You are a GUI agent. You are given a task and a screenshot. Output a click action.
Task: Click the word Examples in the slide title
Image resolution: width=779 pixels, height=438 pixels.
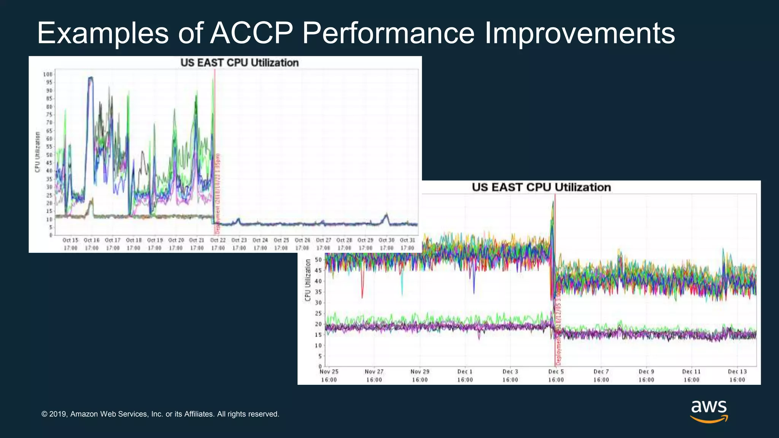point(103,33)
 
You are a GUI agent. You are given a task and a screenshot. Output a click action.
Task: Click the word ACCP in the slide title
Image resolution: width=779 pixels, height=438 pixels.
point(251,33)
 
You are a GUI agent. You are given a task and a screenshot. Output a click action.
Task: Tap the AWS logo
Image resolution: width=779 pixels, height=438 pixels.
point(709,411)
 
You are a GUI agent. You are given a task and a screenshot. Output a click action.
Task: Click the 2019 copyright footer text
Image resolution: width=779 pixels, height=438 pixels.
point(160,414)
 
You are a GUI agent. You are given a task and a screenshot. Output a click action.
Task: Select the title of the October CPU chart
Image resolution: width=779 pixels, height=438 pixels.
point(239,63)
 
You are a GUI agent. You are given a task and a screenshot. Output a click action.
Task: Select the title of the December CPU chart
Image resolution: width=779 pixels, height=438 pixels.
point(541,187)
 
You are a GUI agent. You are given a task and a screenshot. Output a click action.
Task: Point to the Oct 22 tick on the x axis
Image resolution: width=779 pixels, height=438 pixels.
point(218,244)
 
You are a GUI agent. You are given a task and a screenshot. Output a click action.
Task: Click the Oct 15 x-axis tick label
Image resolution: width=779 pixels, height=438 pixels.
point(70,244)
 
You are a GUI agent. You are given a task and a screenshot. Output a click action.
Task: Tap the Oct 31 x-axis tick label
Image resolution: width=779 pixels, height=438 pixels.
point(407,244)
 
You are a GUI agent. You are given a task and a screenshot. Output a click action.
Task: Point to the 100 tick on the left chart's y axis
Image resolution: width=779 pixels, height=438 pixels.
point(48,75)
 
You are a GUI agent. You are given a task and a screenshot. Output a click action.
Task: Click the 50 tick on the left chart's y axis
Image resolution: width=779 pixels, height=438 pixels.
point(49,155)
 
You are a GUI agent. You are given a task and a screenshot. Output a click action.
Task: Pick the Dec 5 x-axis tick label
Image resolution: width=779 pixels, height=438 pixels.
point(556,375)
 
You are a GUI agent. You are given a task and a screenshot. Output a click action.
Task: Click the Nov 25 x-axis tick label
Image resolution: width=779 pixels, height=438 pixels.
point(329,375)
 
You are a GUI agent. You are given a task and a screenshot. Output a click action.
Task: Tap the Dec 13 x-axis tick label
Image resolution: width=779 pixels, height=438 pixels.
point(737,375)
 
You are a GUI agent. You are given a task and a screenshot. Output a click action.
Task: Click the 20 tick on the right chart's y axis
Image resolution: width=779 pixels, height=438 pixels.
point(318,324)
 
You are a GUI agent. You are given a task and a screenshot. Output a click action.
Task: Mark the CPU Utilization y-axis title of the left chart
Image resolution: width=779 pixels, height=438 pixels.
point(37,152)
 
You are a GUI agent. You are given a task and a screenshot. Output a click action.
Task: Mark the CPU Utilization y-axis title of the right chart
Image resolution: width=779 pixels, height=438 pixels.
point(308,280)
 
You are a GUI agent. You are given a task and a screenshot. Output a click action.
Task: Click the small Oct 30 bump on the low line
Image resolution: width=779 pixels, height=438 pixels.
point(386,217)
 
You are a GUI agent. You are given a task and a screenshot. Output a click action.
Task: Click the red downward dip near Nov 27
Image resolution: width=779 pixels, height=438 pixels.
point(362,293)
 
